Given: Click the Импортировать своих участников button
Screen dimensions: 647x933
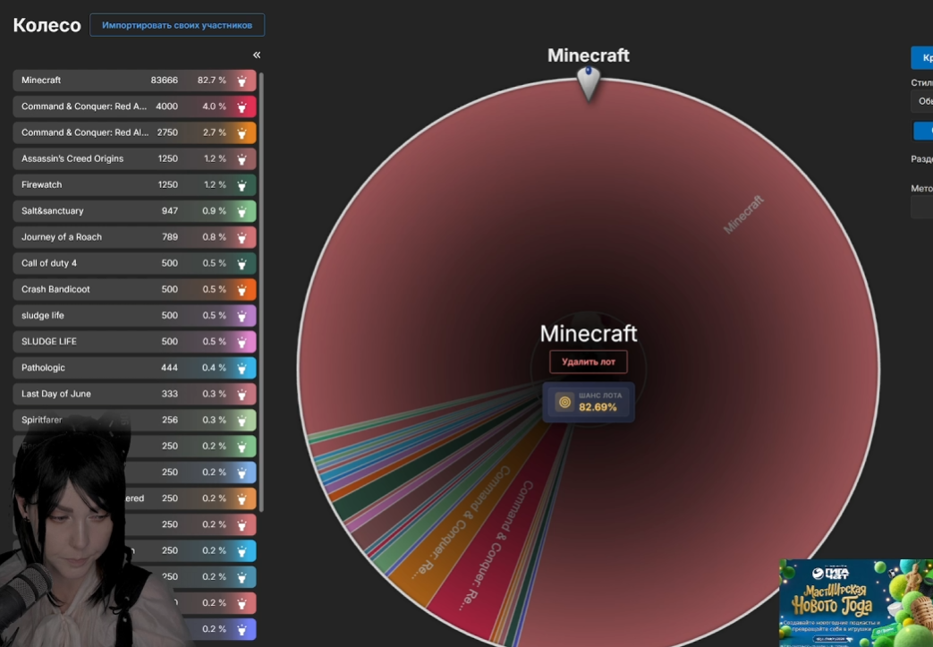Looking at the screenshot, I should coord(177,25).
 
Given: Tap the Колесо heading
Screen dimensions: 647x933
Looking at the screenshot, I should coord(47,25).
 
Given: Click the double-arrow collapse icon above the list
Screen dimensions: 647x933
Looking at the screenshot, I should coord(257,55).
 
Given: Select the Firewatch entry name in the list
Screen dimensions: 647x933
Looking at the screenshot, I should coord(42,184).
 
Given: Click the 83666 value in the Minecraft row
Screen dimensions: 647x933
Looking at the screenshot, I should coord(165,81).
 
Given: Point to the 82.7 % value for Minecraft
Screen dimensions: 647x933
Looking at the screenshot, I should coord(212,81).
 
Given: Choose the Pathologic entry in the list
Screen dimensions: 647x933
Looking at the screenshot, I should coord(43,368).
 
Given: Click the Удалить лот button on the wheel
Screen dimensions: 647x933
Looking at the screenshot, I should coord(589,362).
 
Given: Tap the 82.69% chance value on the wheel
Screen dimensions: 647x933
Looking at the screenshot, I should coord(598,407).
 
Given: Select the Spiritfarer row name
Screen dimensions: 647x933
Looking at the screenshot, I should coord(43,420).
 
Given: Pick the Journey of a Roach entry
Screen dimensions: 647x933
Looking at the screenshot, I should coord(62,237).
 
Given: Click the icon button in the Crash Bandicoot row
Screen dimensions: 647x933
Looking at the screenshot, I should coord(242,290).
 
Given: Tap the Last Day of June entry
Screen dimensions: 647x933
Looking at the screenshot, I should coord(56,394).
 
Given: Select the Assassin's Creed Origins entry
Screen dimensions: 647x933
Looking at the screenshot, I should coord(72,158).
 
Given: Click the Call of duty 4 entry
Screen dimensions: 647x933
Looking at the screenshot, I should coord(49,263).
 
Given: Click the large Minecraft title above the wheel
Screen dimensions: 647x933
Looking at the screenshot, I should coord(589,55).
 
